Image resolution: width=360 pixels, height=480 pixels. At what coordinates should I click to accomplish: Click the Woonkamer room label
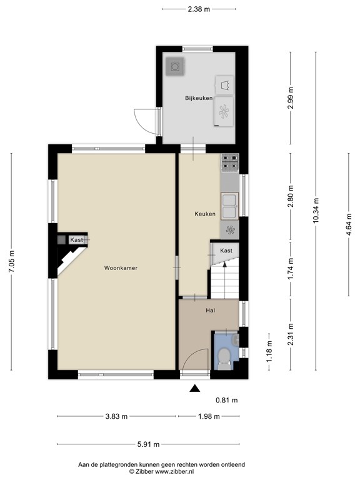[x=121, y=268]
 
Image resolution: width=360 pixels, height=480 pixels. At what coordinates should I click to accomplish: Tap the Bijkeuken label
[x=199, y=98]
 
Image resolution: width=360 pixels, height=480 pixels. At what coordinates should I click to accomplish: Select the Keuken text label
[x=205, y=214]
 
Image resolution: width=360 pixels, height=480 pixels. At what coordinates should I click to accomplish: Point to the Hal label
[x=210, y=311]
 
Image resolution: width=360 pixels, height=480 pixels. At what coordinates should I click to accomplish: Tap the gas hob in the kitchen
[x=230, y=162]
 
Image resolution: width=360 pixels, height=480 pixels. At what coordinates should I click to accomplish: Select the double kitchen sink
[x=230, y=206]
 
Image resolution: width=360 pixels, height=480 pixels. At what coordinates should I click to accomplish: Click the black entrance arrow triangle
[x=195, y=388]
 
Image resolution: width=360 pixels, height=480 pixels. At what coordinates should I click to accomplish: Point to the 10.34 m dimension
[x=316, y=210]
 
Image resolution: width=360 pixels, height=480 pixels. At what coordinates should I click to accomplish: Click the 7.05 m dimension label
[x=11, y=261]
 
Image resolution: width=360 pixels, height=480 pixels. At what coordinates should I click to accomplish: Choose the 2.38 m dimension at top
[x=199, y=9]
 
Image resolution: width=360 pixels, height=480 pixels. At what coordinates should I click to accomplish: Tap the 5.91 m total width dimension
[x=149, y=444]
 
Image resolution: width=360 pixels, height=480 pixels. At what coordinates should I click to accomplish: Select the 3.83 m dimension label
[x=116, y=416]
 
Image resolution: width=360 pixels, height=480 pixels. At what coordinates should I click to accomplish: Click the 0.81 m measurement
[x=226, y=400]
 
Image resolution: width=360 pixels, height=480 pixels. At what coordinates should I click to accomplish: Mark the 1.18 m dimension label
[x=269, y=352]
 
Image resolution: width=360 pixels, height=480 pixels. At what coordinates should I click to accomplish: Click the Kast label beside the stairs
[x=226, y=251]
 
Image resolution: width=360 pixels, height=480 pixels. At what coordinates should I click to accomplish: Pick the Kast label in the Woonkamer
[x=76, y=240]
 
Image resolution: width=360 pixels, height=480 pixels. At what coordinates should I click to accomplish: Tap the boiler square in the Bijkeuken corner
[x=175, y=66]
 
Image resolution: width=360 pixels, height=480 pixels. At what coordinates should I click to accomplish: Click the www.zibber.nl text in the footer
[x=174, y=472]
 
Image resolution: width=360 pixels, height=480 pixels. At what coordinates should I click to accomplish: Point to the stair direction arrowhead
[x=225, y=264]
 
